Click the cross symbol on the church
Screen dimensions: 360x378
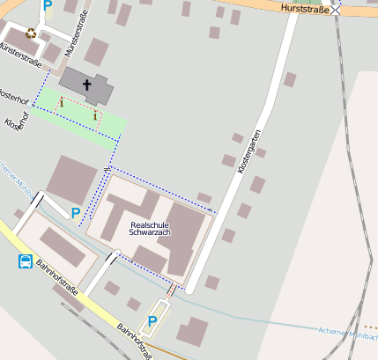(87, 85)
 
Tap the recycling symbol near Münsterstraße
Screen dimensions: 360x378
(32, 33)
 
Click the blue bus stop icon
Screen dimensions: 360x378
(26, 261)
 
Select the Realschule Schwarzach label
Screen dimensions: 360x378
(149, 229)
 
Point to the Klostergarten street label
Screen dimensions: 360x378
(250, 150)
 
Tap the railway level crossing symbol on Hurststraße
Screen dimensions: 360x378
(336, 10)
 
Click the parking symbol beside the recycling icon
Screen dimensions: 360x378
(48, 5)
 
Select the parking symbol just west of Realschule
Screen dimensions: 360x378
(76, 213)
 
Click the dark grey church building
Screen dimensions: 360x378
(88, 87)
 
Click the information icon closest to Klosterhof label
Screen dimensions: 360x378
(62, 104)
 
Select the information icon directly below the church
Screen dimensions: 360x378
(94, 114)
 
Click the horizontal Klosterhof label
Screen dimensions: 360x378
(13, 94)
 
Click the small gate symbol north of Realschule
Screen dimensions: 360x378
(107, 166)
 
